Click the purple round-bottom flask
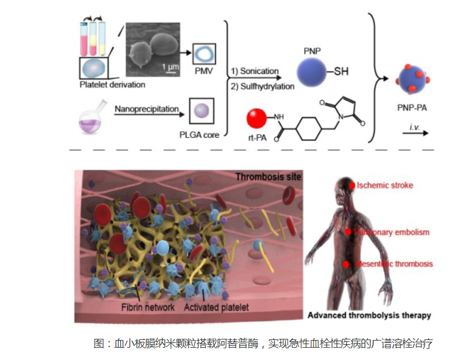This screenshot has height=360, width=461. click(x=89, y=121)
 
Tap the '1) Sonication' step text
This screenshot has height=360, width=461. click(x=255, y=71)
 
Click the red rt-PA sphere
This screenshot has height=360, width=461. click(x=257, y=119)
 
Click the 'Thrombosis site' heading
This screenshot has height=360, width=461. click(x=268, y=177)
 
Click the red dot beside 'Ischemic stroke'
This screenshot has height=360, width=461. click(x=353, y=186)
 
